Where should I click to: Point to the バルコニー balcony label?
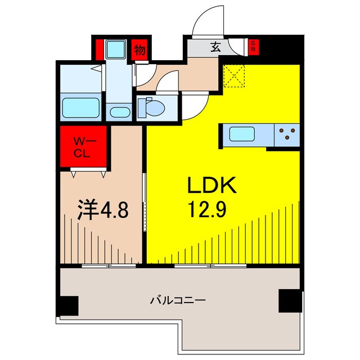(177, 300)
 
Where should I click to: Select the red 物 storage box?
(139, 50)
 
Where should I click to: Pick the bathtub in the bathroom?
(80, 107)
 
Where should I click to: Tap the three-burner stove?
(287, 135)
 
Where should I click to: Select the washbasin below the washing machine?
(118, 111)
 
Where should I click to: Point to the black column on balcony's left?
(68, 305)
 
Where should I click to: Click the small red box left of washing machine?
(99, 49)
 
